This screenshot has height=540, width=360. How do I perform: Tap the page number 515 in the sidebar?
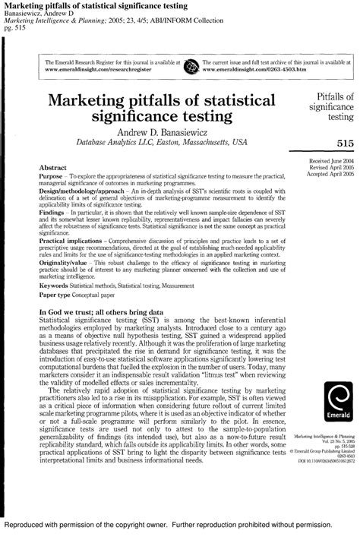pyautogui.click(x=340, y=142)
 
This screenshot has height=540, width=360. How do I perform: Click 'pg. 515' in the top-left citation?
pyautogui.click(x=14, y=27)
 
